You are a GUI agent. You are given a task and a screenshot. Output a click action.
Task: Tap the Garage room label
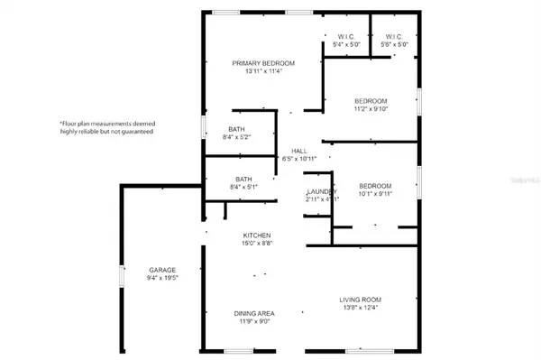pyautogui.click(x=162, y=270)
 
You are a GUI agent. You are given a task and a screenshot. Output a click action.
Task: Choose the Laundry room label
pyautogui.click(x=321, y=191)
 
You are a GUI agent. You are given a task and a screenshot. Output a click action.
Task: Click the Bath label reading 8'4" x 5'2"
pyautogui.click(x=237, y=129)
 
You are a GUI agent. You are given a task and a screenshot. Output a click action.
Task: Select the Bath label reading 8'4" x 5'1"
pyautogui.click(x=243, y=179)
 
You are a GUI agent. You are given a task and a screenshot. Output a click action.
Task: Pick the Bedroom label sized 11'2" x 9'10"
pyautogui.click(x=370, y=100)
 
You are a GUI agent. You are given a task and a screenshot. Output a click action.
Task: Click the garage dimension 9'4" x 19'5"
pyautogui.click(x=162, y=278)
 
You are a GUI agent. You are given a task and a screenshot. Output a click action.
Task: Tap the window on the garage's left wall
pyautogui.click(x=122, y=275)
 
